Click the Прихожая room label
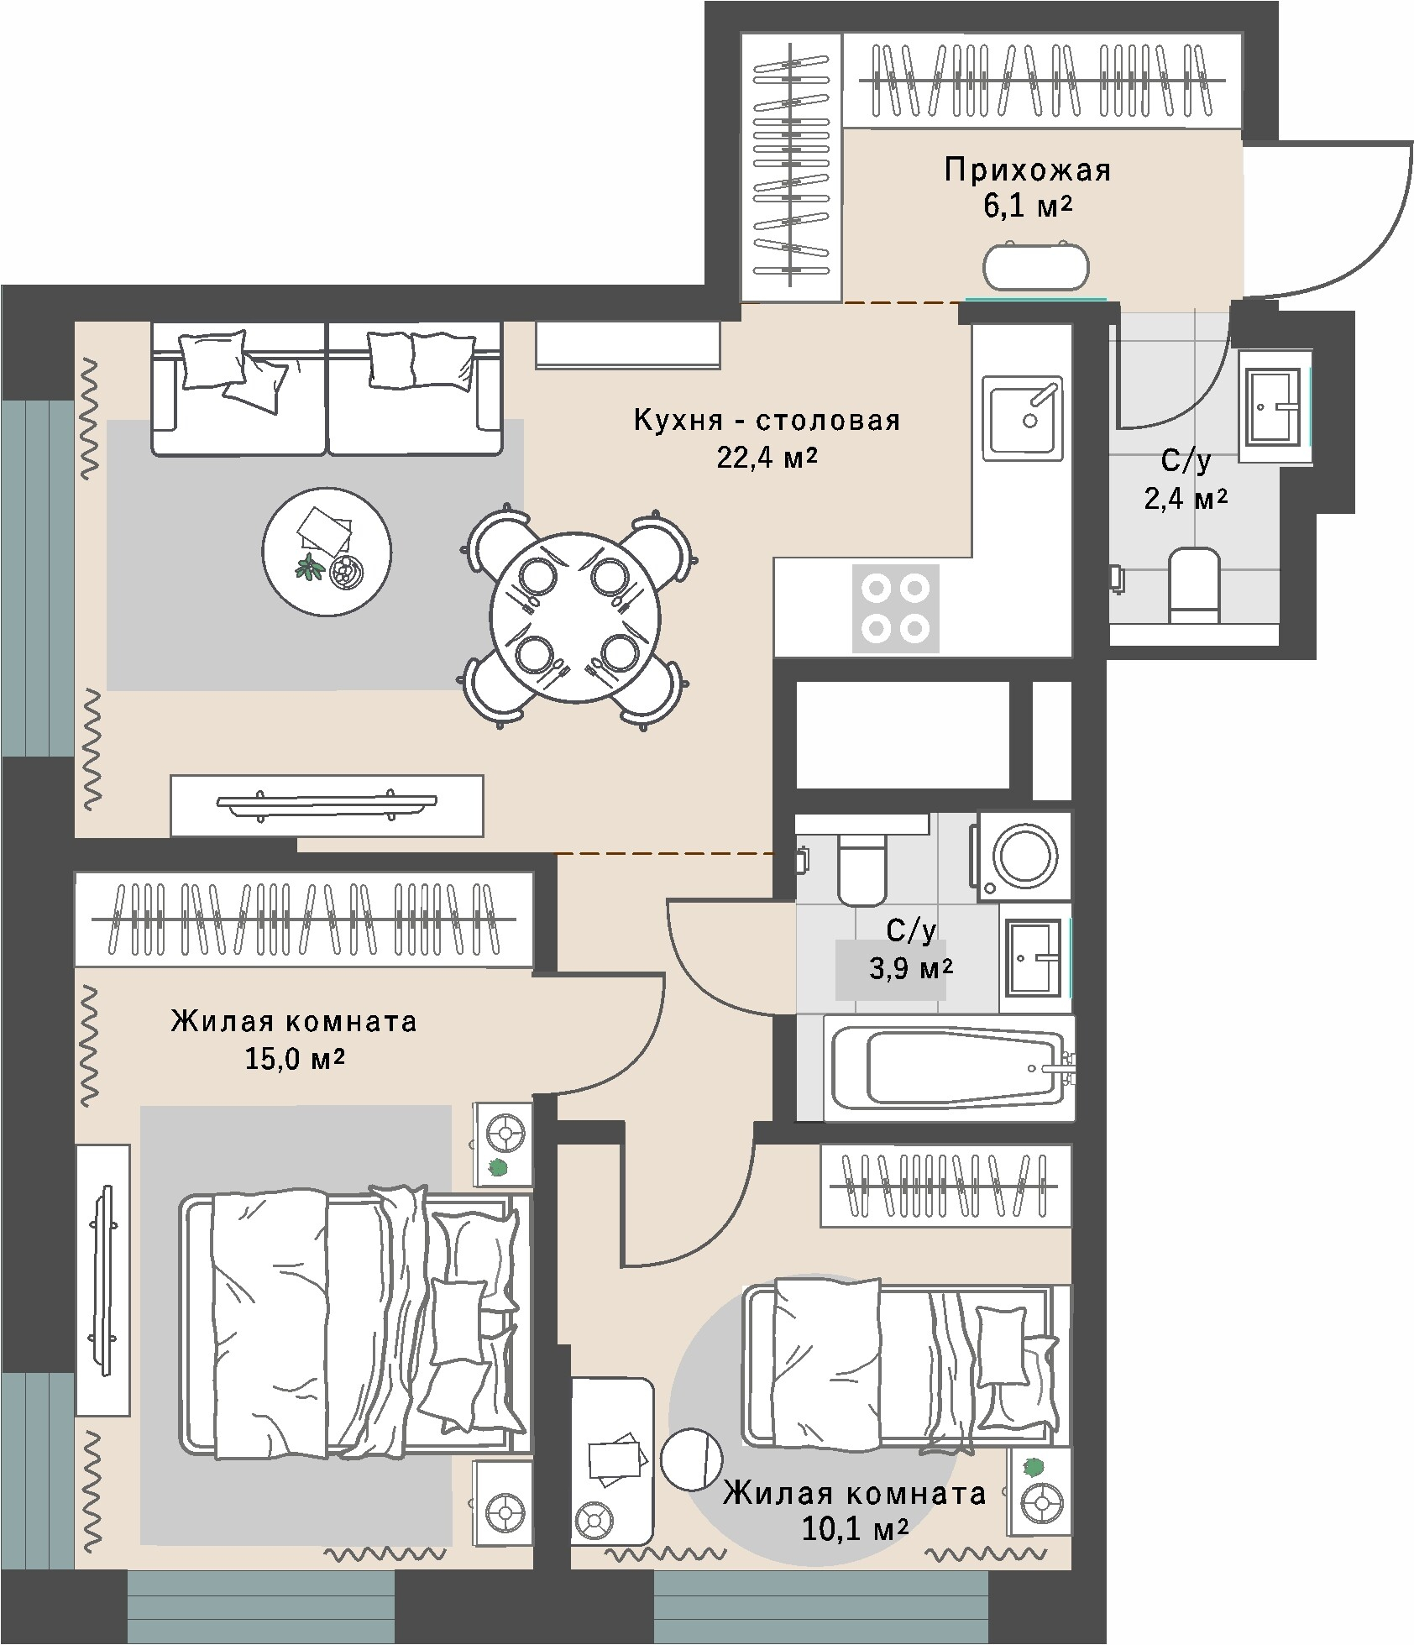[1027, 170]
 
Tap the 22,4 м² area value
[767, 458]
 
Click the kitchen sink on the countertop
[1023, 417]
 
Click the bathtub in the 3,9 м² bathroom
[949, 1067]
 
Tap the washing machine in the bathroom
[1021, 856]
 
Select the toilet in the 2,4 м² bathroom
[1193, 586]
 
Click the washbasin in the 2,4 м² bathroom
[1275, 406]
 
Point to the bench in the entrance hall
[1036, 266]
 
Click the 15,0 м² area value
[295, 1058]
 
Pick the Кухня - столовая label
[767, 420]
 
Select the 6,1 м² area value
[1028, 207]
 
